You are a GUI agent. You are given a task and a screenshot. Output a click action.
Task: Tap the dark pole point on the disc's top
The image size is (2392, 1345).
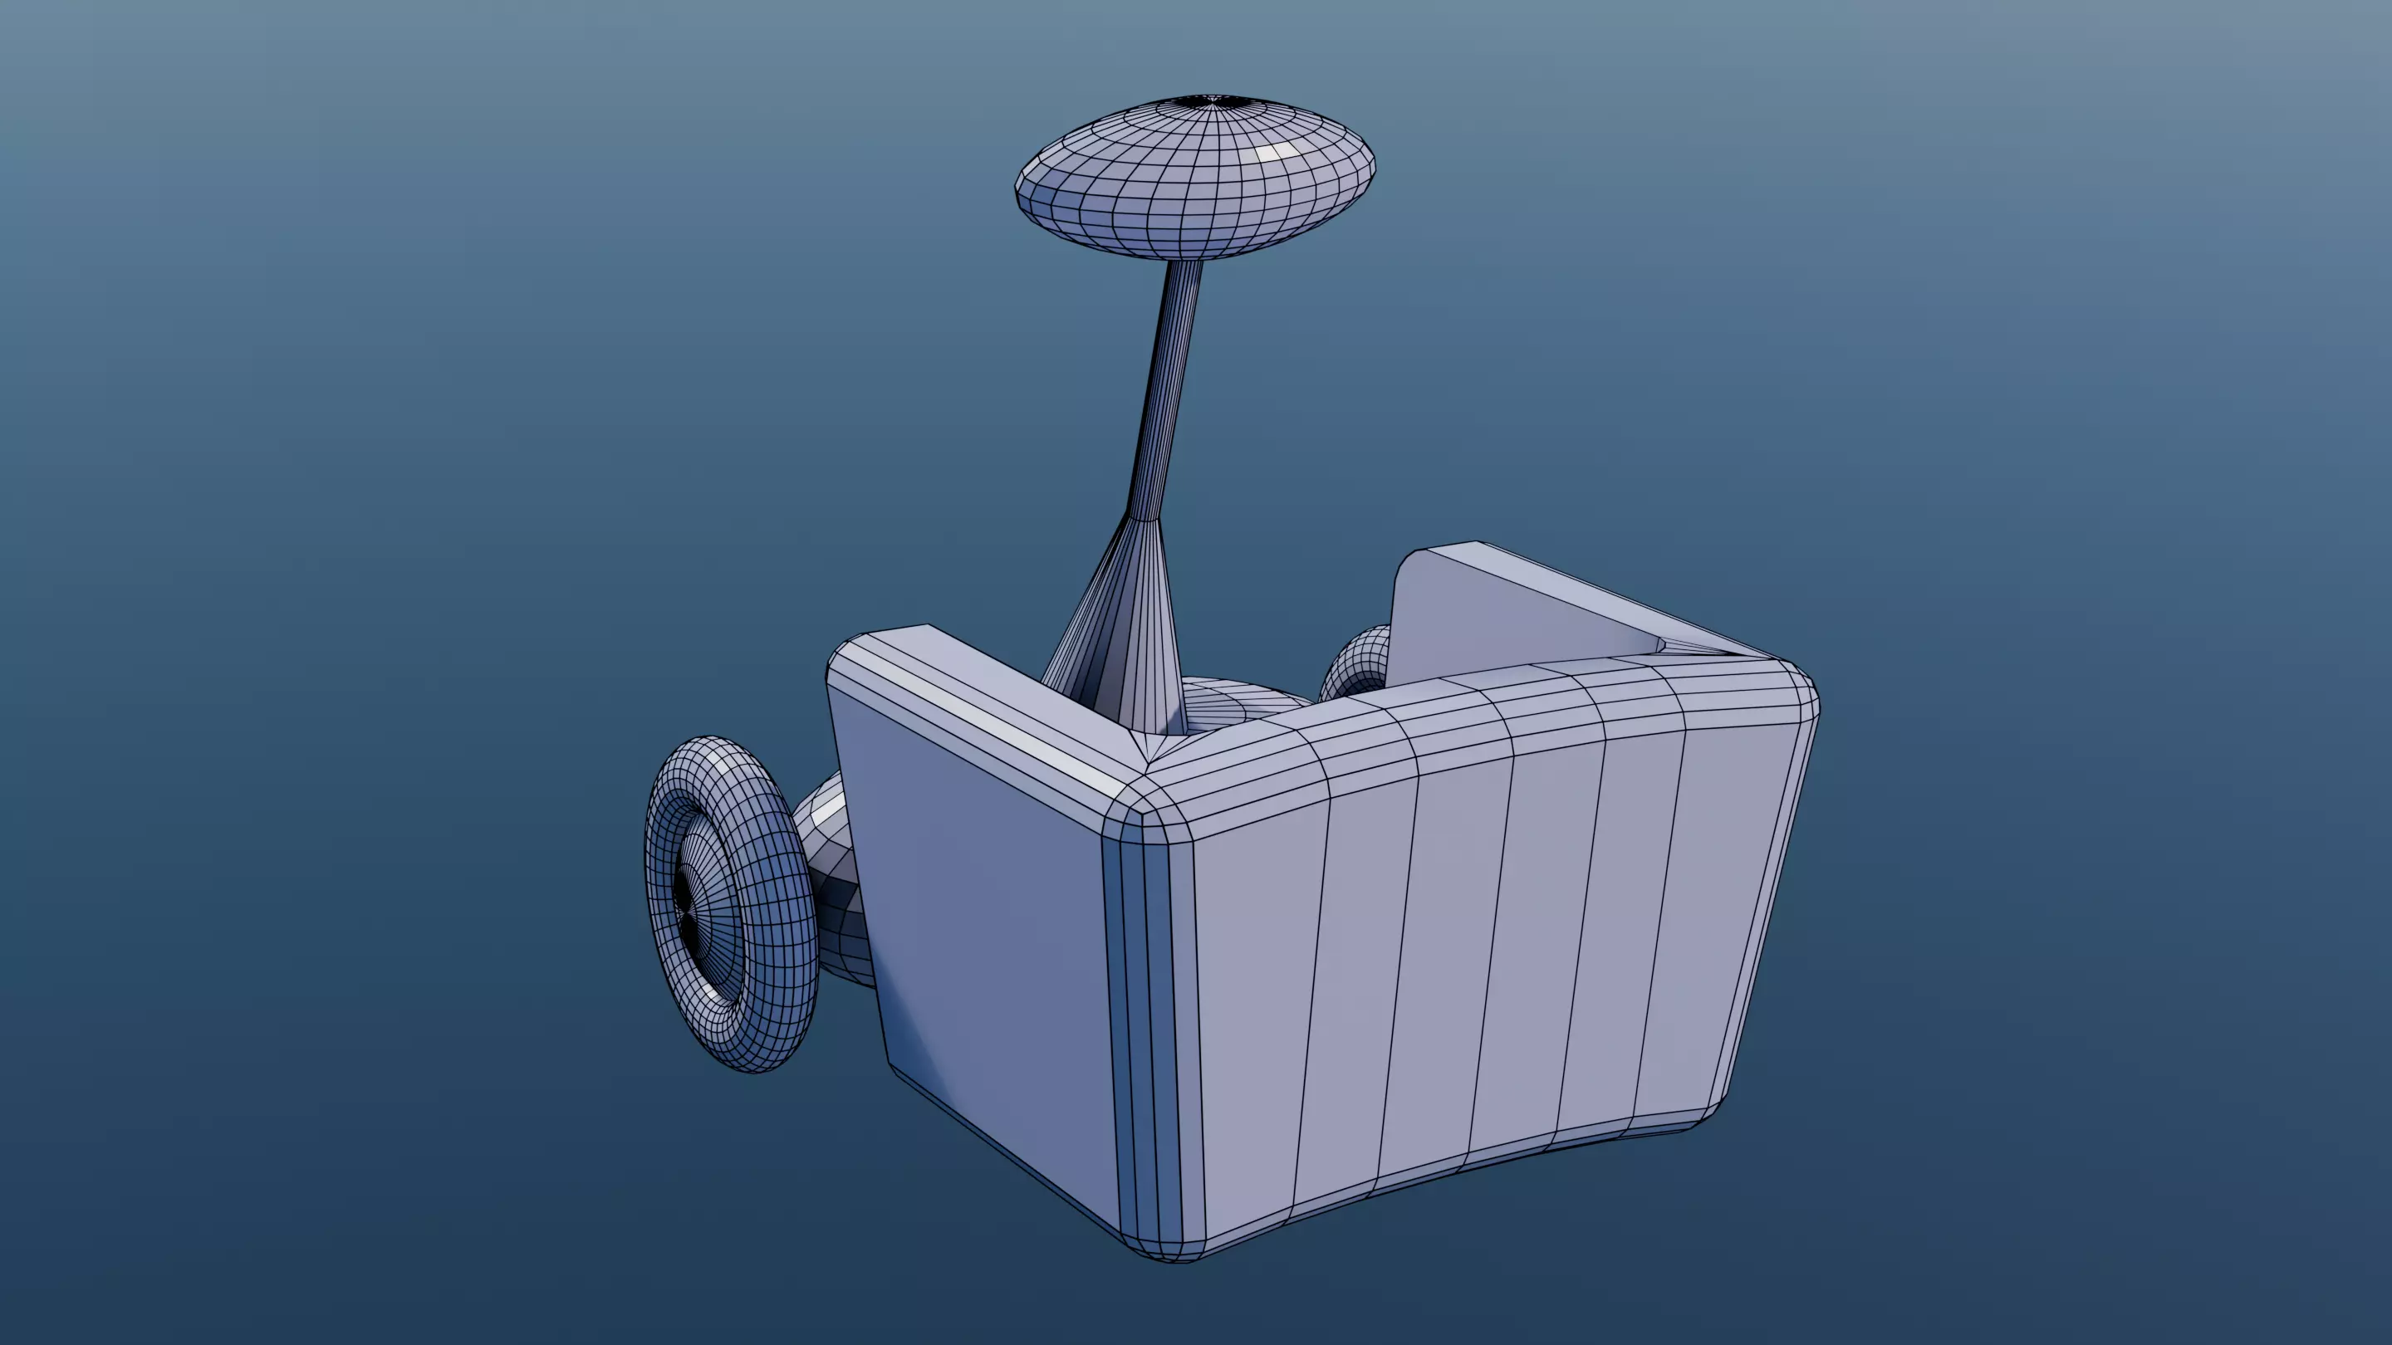tap(1206, 100)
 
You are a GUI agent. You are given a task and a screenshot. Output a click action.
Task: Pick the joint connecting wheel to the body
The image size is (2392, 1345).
tap(836, 882)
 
